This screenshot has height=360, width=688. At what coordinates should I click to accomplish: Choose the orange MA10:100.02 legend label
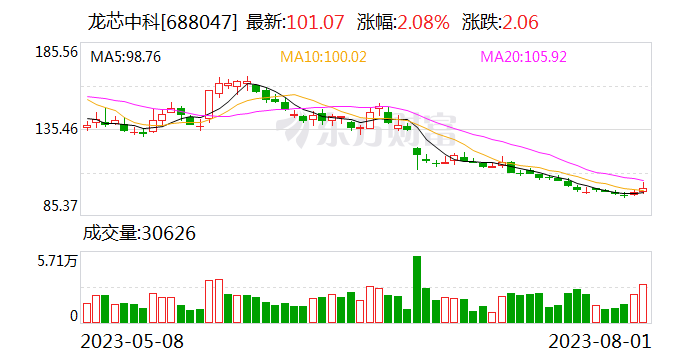coord(322,57)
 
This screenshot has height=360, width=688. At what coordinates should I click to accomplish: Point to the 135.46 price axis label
coord(56,129)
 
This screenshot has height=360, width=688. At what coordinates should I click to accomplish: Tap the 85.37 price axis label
coord(59,207)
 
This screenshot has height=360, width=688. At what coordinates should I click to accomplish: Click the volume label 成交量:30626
coord(138,234)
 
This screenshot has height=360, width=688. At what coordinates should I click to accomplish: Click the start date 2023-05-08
coord(132,340)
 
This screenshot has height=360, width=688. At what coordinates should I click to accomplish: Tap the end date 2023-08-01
coord(606,340)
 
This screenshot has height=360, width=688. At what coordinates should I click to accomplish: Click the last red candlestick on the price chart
coord(643,189)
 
